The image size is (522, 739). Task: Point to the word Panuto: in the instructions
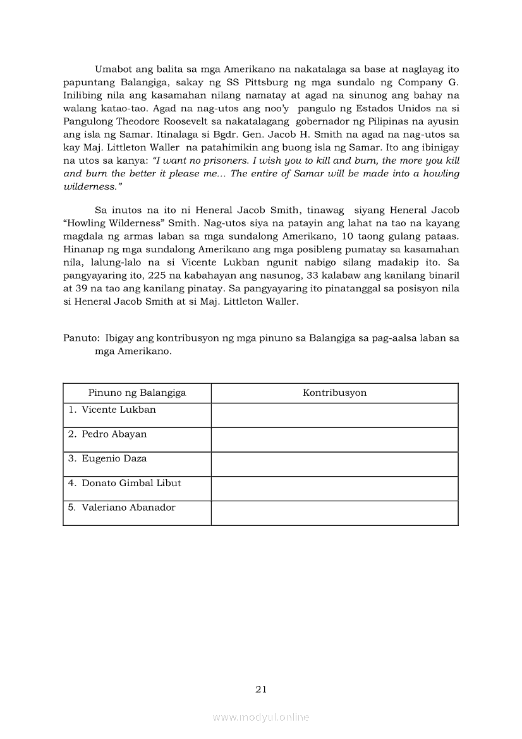click(81, 338)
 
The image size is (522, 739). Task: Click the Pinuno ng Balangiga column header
click(137, 393)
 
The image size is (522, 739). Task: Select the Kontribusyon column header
click(334, 393)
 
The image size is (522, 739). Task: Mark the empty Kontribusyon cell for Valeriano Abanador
click(334, 513)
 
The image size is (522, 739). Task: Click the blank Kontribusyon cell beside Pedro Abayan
click(334, 439)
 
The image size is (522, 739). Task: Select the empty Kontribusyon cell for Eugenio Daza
click(334, 464)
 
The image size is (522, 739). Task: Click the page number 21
click(261, 689)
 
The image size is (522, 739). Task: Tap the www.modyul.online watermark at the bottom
click(261, 717)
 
